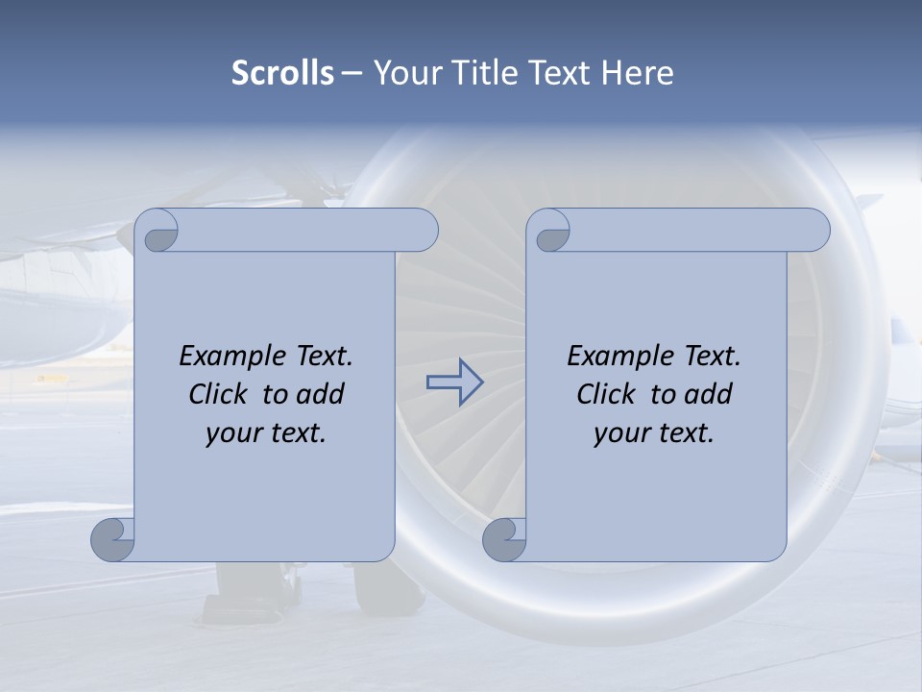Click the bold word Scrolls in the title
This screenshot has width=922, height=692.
(282, 73)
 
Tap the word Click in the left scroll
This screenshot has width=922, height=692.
(220, 394)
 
